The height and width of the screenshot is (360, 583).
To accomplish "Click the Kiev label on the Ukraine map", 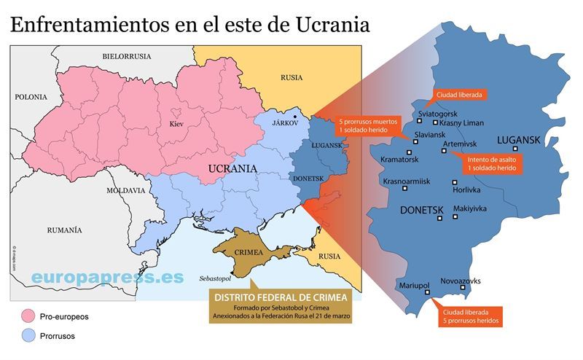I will tap(176, 124).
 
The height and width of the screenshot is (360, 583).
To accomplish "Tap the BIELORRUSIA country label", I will tap(127, 56).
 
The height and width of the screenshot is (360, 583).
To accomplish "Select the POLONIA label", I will tap(31, 97).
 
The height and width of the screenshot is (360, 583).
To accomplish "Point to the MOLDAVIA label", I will tap(125, 190).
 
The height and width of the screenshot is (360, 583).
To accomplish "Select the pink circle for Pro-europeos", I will tap(29, 317).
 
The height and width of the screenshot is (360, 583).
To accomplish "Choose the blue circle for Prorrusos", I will tap(29, 336).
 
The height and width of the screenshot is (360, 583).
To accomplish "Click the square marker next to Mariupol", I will tap(428, 293).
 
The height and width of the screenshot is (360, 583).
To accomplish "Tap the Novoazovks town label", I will tap(461, 281).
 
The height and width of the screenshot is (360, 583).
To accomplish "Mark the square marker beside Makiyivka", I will tap(455, 216).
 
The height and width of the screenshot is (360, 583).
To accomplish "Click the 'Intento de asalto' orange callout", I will tap(493, 163).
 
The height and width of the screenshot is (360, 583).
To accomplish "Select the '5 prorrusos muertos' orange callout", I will tap(369, 125).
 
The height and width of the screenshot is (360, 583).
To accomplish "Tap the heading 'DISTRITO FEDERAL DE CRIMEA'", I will tap(280, 297).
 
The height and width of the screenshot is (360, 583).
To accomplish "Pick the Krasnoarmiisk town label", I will tap(407, 181).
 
